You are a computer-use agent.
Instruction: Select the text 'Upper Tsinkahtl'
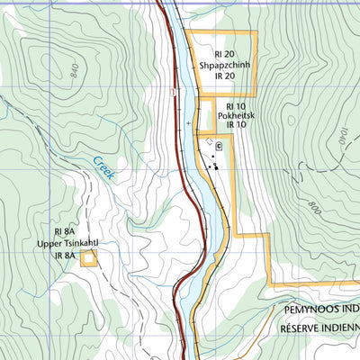coord(67,243)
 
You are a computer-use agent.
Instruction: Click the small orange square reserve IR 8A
coord(88,259)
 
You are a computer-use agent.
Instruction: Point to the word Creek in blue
coord(101,168)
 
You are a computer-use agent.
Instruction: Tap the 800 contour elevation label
coord(312,209)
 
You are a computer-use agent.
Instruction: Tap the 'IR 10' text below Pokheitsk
coord(237,126)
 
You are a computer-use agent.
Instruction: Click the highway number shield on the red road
coord(171,92)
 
